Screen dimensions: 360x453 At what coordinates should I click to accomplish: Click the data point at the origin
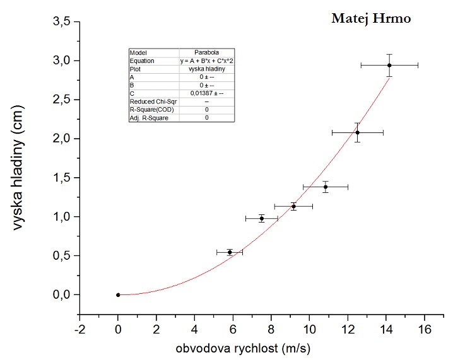pyautogui.click(x=118, y=294)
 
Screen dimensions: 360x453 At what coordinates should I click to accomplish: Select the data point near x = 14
pyautogui.click(x=389, y=65)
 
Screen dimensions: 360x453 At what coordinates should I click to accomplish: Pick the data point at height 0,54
pyautogui.click(x=230, y=252)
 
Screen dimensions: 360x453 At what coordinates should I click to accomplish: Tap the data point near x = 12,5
pyautogui.click(x=357, y=132)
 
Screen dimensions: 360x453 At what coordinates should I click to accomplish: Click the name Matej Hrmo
pyautogui.click(x=371, y=19)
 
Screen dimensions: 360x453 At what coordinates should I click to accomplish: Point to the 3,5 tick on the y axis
pyautogui.click(x=79, y=21)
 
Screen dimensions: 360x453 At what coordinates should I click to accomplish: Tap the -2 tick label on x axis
pyautogui.click(x=79, y=329)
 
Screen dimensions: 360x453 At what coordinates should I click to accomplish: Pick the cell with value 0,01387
pyautogui.click(x=207, y=93)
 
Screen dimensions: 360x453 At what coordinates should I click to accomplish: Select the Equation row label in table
pyautogui.click(x=142, y=61)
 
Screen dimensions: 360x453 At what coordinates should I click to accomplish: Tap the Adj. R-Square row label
pyautogui.click(x=149, y=117)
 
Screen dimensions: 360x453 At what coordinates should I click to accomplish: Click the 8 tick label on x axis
pyautogui.click(x=271, y=329)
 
